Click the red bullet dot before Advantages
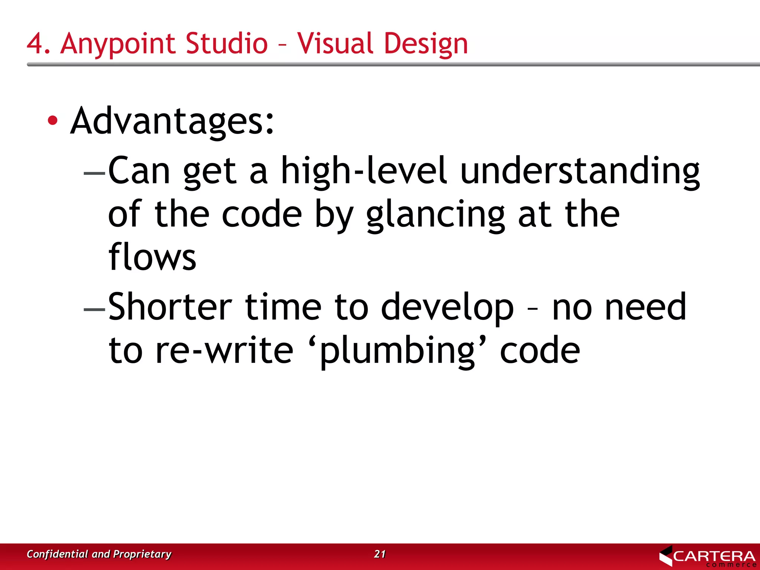[53, 120]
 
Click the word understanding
[580, 171]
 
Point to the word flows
[152, 257]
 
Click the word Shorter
[170, 307]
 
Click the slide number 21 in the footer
[380, 554]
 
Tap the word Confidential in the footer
[58, 554]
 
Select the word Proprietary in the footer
[142, 554]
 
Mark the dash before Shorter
[95, 309]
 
